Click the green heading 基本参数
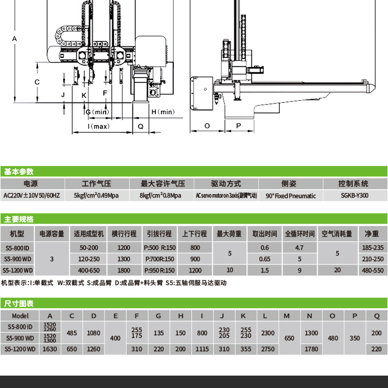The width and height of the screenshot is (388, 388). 19,172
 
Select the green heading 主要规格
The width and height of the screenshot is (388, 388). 19,219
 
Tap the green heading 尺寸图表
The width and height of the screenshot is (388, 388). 19,303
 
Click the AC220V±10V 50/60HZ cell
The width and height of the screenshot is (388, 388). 32,196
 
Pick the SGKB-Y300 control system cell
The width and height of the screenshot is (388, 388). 355,196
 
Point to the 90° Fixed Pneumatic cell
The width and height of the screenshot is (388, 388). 291,196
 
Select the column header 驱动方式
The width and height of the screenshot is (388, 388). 226,184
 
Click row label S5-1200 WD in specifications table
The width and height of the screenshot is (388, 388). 18,270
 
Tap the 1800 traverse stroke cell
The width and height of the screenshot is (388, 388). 124,270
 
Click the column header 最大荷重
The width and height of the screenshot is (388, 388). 229,234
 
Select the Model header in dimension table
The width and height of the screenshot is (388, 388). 20,316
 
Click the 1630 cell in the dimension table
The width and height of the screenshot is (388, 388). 50,349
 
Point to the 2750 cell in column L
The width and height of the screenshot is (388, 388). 268,349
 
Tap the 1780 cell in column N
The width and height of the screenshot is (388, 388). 311,349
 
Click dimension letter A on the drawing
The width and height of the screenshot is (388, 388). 14,39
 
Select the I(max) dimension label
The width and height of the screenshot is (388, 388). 98,126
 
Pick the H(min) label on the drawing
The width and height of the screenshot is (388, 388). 163,112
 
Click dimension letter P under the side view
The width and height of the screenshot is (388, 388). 238,126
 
